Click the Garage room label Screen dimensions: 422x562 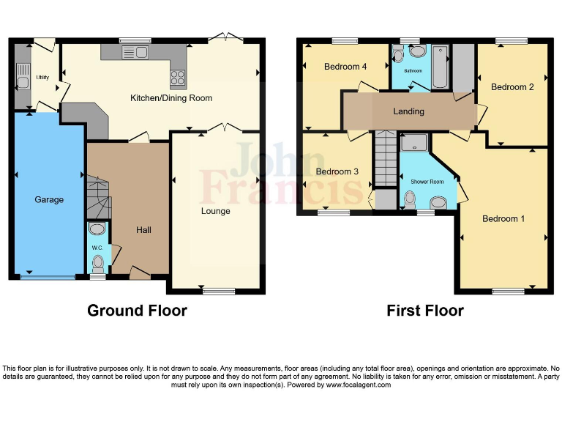coord(49,199)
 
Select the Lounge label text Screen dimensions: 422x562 coord(215,211)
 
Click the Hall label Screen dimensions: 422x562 coord(143,230)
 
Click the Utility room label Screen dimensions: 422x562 coord(43,76)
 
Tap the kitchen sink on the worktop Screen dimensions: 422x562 coord(135,52)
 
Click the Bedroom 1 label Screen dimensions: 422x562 coord(503,218)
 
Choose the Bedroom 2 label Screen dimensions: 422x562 coord(512,87)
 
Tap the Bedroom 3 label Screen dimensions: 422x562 coord(337,171)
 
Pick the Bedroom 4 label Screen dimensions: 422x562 coord(345,67)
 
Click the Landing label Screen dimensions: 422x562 coord(408,111)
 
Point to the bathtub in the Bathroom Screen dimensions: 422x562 coord(440,67)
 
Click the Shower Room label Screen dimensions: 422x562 coord(427,181)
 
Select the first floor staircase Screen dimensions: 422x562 coord(385,158)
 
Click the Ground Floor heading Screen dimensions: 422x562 coord(137,311)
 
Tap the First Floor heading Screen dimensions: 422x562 coord(424,311)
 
